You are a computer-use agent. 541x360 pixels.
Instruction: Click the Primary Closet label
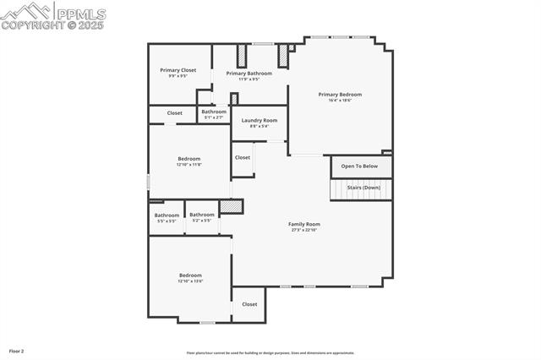(x=178, y=70)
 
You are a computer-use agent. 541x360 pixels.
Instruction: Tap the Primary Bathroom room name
(x=249, y=74)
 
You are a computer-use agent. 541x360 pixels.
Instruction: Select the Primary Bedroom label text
(x=340, y=95)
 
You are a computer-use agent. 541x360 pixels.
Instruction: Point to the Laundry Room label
(x=259, y=121)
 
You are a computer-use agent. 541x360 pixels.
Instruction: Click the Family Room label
(x=303, y=224)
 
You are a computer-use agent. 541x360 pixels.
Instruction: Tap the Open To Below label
(x=359, y=166)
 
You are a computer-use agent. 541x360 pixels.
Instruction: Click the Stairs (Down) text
(x=363, y=187)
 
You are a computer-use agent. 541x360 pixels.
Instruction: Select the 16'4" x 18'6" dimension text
(x=340, y=101)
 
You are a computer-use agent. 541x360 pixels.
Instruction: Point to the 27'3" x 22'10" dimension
(x=303, y=230)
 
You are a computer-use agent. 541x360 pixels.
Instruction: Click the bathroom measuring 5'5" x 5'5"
(x=166, y=215)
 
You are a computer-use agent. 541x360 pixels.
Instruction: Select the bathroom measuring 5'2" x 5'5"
(x=201, y=215)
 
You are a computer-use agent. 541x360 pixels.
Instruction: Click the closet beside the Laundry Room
(x=243, y=157)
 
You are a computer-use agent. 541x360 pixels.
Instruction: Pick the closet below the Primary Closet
(x=174, y=112)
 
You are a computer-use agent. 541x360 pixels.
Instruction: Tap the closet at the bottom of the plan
(x=249, y=304)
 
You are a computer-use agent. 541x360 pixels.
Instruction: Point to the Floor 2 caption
(x=17, y=350)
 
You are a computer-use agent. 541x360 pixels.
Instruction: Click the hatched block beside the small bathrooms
(x=231, y=206)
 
